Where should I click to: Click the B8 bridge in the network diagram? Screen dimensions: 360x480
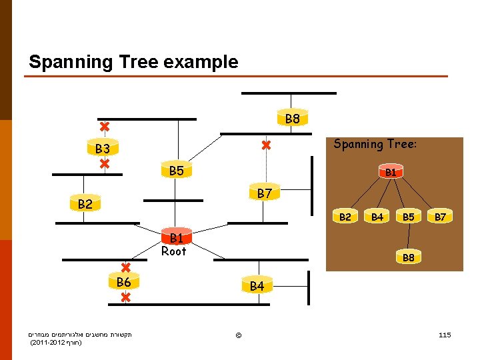coord(292,119)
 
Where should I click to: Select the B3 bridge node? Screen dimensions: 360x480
coord(102,148)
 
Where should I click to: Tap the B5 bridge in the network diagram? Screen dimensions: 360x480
coord(176,171)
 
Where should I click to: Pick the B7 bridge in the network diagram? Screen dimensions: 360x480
coord(264,194)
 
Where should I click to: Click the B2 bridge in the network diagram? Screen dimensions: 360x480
coord(85,204)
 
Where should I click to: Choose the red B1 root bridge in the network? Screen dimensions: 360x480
coord(176,238)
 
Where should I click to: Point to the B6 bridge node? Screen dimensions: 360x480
coord(124,283)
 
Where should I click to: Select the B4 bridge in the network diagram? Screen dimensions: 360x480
coord(257,286)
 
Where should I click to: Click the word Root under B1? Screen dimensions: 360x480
coord(173,251)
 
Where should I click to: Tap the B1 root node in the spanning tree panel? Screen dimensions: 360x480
coord(391,172)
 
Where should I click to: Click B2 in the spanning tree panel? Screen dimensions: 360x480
coord(345,217)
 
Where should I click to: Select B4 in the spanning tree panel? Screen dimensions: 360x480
coord(377,217)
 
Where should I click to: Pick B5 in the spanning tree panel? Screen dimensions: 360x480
coord(408,217)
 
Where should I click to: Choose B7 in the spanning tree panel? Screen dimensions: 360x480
coord(440,217)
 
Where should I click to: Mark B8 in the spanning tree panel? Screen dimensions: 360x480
coord(408,257)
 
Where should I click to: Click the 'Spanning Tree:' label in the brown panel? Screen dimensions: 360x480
coord(375,144)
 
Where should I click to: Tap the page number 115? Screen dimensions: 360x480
coord(445,333)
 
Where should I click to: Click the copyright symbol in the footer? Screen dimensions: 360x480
coord(238,333)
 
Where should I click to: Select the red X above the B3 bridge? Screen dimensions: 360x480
coord(105,127)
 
